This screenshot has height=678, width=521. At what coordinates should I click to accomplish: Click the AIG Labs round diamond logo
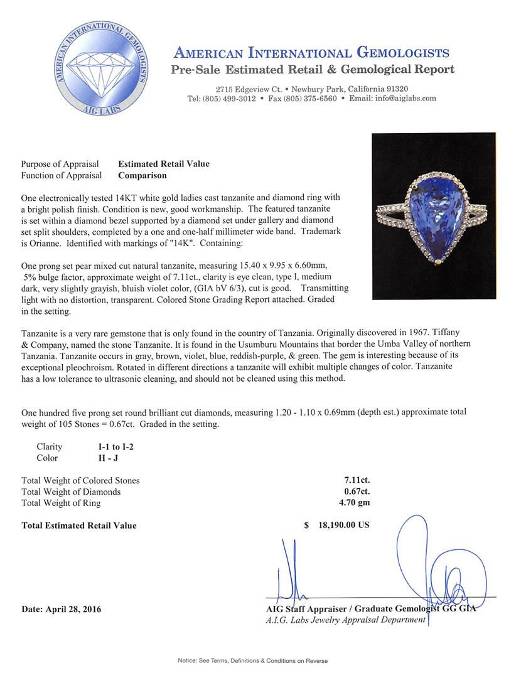click(102, 68)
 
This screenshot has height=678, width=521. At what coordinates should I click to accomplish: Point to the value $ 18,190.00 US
click(337, 525)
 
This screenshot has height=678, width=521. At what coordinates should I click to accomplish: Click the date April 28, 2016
click(61, 609)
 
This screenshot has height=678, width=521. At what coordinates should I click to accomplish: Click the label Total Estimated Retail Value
click(78, 525)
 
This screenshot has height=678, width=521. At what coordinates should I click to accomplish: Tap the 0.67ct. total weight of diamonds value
click(356, 492)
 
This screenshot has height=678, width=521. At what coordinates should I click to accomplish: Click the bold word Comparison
click(142, 176)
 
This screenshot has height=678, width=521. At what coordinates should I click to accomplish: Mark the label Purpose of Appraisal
click(60, 164)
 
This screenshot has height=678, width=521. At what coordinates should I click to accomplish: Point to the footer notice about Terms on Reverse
click(261, 660)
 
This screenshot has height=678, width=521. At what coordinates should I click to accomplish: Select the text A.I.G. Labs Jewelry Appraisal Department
click(346, 620)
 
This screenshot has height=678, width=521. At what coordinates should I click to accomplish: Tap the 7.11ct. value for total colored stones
click(356, 480)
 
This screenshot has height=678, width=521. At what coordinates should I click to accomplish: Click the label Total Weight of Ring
click(61, 503)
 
